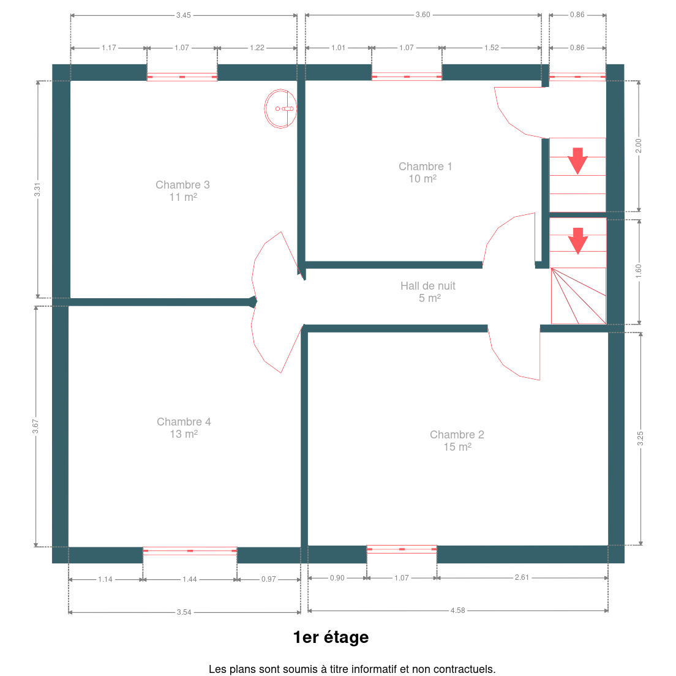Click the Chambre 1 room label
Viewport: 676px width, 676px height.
pyautogui.click(x=425, y=173)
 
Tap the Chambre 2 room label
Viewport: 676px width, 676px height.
pyautogui.click(x=457, y=441)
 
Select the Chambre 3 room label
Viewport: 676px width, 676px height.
pyautogui.click(x=183, y=190)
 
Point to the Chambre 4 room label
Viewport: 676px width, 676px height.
pyautogui.click(x=184, y=427)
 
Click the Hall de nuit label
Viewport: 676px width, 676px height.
pyautogui.click(x=427, y=292)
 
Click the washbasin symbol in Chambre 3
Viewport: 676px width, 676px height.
pyautogui.click(x=280, y=108)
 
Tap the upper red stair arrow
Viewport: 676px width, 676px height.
pyautogui.click(x=577, y=161)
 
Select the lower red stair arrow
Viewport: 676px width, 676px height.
pyautogui.click(x=577, y=241)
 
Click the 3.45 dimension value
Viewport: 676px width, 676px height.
pyautogui.click(x=183, y=15)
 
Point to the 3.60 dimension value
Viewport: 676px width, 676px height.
pyautogui.click(x=423, y=15)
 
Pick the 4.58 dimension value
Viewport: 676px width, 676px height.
pyautogui.click(x=458, y=610)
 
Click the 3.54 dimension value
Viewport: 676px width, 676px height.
pyautogui.click(x=184, y=612)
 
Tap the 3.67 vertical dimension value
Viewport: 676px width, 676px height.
pyautogui.click(x=36, y=426)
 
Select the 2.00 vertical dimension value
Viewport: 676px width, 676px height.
pyautogui.click(x=639, y=146)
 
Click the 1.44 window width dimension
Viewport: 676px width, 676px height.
pyautogui.click(x=190, y=579)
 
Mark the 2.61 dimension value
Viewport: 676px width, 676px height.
pyautogui.click(x=522, y=577)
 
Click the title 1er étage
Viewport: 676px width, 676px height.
pyautogui.click(x=331, y=637)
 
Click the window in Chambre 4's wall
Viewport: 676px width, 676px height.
pyautogui.click(x=190, y=551)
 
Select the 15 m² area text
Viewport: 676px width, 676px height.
pyautogui.click(x=457, y=447)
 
